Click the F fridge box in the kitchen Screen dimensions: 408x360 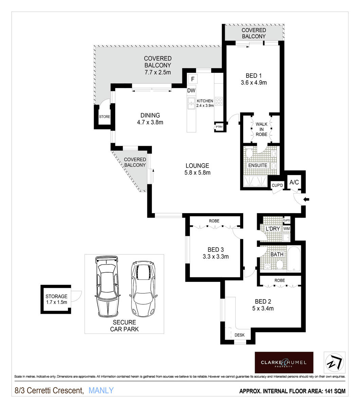click(193, 79)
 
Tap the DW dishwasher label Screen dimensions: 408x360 click(191, 90)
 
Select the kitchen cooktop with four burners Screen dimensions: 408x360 click(219, 101)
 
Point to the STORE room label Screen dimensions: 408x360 click(105, 117)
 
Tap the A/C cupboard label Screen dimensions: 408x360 click(294, 183)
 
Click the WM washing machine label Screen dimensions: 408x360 click(287, 228)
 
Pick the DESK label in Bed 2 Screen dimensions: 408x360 click(239, 335)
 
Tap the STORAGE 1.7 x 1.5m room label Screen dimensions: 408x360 click(56, 299)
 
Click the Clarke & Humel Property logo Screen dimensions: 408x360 click(284, 362)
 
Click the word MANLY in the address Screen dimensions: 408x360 click(101, 391)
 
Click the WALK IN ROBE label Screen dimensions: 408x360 click(262, 129)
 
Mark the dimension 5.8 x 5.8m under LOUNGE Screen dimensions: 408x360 click(197, 172)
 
